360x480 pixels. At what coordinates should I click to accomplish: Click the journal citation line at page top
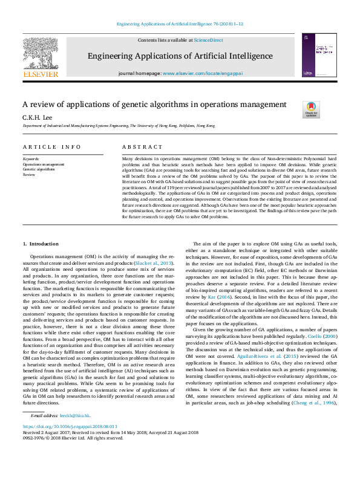click(x=180, y=24)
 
